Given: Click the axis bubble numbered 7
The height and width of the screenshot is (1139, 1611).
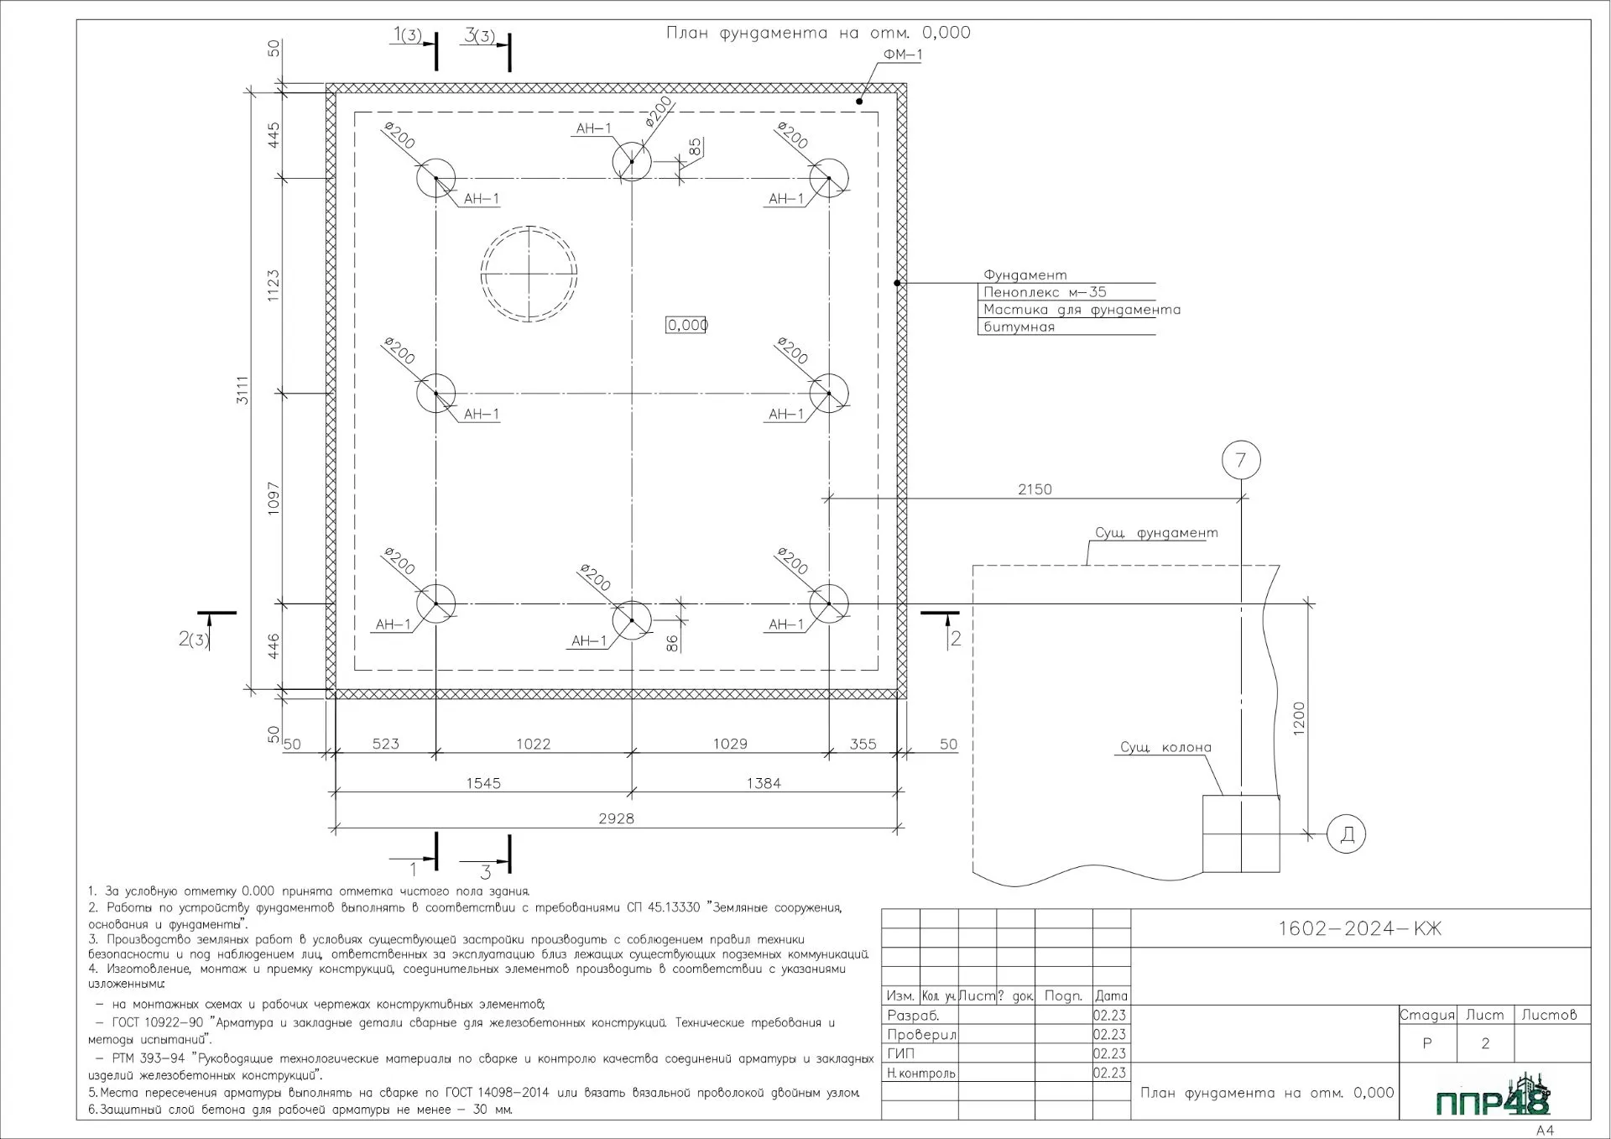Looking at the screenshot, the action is (x=1241, y=460).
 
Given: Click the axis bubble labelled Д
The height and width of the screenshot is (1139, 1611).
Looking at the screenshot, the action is (x=1347, y=834).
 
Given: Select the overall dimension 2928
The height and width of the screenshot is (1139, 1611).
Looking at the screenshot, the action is (x=616, y=818).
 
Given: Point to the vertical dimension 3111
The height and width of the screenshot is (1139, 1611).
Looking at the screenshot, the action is (x=242, y=390).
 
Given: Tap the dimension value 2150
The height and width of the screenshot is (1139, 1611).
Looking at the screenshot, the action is (x=1035, y=489).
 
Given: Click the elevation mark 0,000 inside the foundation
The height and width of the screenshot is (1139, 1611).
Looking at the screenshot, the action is (x=687, y=325).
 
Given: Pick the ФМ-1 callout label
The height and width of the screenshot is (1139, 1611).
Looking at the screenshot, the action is (x=902, y=55).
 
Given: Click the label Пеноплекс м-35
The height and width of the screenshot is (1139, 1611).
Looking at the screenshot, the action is (x=1045, y=292).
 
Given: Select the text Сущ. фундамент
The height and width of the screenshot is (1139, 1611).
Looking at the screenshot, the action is (x=1156, y=533).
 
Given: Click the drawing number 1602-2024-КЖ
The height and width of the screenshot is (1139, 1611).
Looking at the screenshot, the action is (x=1359, y=928).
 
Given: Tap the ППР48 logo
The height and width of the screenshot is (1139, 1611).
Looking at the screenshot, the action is (x=1493, y=1097).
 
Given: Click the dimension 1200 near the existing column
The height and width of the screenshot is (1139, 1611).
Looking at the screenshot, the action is (x=1299, y=718).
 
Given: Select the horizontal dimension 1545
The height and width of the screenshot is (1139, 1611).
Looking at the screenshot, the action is (x=483, y=783).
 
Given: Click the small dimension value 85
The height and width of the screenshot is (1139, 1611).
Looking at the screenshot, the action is (x=695, y=146).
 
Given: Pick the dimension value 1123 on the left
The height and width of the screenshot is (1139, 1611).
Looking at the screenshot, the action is (x=273, y=286).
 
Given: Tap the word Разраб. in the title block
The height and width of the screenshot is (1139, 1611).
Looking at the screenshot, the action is (x=913, y=1016).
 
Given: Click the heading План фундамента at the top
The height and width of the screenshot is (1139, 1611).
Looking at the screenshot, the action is (x=818, y=33).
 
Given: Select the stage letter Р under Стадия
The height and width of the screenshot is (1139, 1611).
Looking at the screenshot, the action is (x=1426, y=1044).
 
